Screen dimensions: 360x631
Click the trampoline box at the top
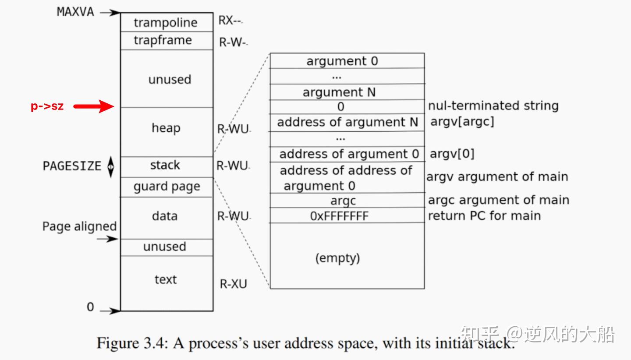tap(166, 22)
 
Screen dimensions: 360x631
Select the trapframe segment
tap(163, 40)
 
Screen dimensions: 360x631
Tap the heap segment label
tap(166, 128)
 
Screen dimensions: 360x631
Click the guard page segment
tap(167, 187)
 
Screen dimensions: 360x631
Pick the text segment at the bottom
tap(166, 279)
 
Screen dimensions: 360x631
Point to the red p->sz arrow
tap(93, 106)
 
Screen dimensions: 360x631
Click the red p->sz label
tap(47, 106)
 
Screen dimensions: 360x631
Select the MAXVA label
tap(75, 12)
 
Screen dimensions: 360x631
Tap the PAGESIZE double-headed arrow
tap(111, 167)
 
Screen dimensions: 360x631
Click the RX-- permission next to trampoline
tap(230, 21)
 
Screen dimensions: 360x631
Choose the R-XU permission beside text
tap(233, 284)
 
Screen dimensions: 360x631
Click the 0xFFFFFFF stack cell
tap(339, 216)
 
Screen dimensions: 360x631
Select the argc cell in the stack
tap(343, 201)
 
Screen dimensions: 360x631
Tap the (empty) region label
tap(337, 258)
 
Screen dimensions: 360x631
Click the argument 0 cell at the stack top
tap(342, 61)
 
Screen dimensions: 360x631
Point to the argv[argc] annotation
tap(462, 122)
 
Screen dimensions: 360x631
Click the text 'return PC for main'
tap(484, 215)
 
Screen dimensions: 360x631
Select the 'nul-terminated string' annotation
tap(493, 106)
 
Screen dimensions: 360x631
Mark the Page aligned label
tap(79, 226)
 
